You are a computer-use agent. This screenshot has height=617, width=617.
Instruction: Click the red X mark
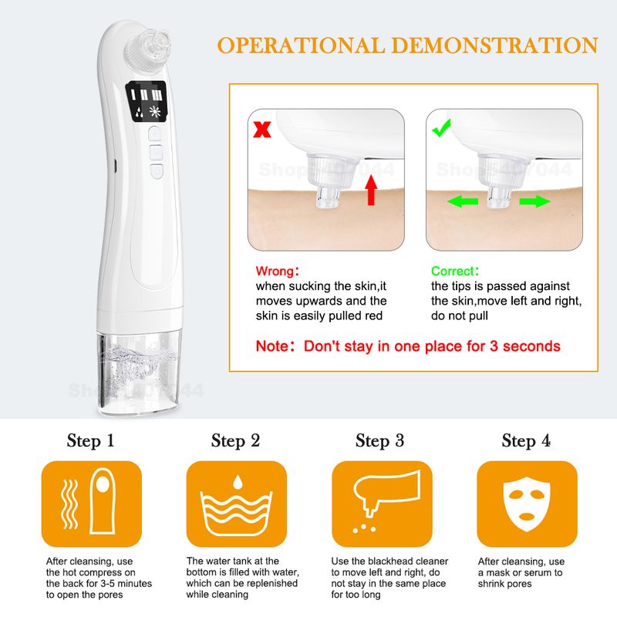click(262, 130)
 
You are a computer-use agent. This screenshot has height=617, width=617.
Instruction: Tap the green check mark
click(441, 128)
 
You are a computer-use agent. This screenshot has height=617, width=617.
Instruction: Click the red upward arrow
click(371, 190)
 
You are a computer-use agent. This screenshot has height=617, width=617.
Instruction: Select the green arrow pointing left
click(463, 201)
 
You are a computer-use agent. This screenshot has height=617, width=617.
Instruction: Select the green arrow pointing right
click(534, 201)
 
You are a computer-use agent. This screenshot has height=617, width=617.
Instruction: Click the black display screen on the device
click(147, 102)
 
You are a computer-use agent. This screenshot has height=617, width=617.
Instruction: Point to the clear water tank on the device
click(140, 373)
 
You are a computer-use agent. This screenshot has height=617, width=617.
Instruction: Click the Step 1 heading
click(90, 440)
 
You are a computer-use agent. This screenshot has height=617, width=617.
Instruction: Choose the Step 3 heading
click(379, 440)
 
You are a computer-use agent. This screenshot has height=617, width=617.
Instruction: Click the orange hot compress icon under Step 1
click(92, 504)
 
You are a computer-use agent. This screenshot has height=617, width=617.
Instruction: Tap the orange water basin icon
click(237, 504)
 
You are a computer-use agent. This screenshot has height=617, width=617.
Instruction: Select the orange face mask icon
click(528, 504)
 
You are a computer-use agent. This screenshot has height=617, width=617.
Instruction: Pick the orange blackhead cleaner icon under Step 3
click(382, 504)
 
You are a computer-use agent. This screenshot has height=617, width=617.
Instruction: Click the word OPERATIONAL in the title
click(301, 46)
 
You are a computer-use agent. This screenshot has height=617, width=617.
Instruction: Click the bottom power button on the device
click(157, 171)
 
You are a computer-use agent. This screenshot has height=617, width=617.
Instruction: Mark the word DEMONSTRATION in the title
click(495, 46)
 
